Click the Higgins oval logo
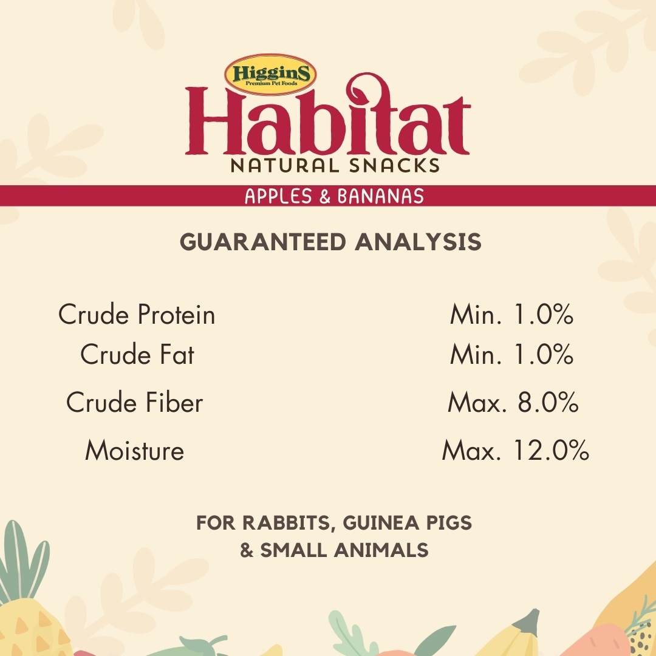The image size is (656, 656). pyautogui.click(x=270, y=75)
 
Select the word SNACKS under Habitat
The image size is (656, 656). pyautogui.click(x=395, y=166)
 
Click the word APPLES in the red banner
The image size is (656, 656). pyautogui.click(x=278, y=196)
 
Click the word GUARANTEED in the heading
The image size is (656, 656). pyautogui.click(x=263, y=242)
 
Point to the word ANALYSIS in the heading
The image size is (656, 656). pyautogui.click(x=419, y=242)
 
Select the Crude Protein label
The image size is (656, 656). pyautogui.click(x=137, y=314)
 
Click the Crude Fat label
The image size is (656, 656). pyautogui.click(x=137, y=354)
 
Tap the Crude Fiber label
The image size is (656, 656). pyautogui.click(x=135, y=403)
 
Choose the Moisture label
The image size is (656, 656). pyautogui.click(x=135, y=451)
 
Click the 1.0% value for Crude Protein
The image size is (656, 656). pyautogui.click(x=543, y=314)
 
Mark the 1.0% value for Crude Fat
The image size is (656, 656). pyautogui.click(x=543, y=354)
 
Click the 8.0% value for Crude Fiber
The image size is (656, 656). pyautogui.click(x=548, y=403)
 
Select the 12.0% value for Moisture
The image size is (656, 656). pyautogui.click(x=551, y=451)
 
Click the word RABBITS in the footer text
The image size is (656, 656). pyautogui.click(x=289, y=524)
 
